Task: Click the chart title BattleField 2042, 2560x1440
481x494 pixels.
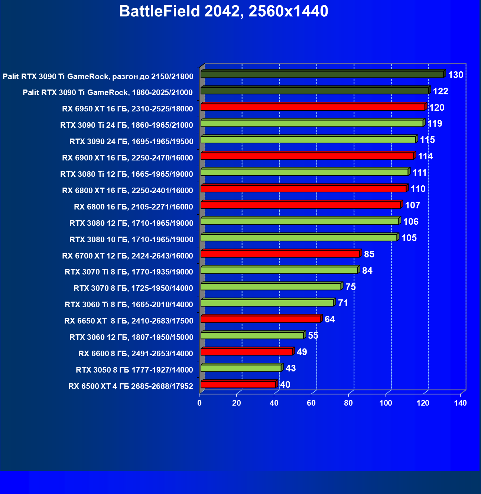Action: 224,12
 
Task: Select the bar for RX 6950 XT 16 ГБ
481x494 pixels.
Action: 313,107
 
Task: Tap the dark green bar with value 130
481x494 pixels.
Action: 322,75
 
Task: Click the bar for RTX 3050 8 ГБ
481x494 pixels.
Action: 241,368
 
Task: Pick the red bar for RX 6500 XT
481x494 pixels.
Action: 238,384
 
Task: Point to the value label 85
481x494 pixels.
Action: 369,254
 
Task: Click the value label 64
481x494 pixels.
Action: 329,319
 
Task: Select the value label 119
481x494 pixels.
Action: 435,123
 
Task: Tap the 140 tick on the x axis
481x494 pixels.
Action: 460,403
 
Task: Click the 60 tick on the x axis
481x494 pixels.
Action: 311,403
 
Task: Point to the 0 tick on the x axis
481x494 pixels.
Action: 199,403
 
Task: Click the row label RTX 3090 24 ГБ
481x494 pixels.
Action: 131,142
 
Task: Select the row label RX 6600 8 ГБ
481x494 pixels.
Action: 136,354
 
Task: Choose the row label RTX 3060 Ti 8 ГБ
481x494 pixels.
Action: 129,305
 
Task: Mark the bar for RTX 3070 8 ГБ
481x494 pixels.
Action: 271,286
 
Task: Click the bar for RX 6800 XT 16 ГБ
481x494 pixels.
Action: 303,189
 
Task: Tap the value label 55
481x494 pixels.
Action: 313,336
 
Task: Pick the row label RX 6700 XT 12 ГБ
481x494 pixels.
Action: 127,256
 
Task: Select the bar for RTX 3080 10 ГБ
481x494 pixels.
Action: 299,237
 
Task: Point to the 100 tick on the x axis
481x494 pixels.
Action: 386,403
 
